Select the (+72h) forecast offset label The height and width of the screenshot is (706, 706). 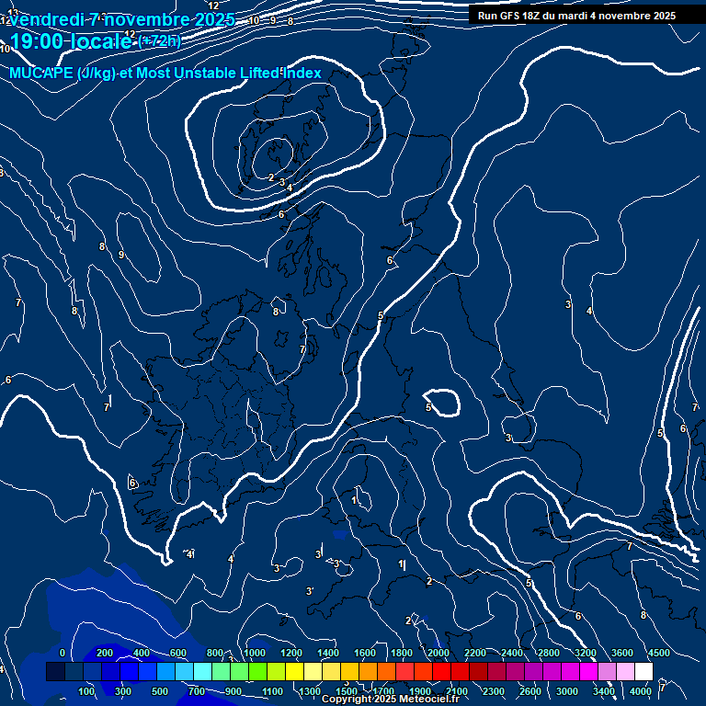pos(160,40)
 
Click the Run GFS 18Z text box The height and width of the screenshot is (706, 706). pos(576,16)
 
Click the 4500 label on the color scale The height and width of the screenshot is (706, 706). pos(658,653)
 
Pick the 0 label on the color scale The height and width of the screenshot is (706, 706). pos(63,653)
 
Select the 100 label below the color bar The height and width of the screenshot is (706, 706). pos(86,691)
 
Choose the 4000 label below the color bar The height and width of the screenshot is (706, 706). pos(642,691)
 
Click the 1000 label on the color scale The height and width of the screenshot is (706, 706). pos(254,653)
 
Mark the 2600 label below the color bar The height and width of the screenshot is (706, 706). pos(530,691)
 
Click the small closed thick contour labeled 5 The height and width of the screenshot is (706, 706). pos(444,402)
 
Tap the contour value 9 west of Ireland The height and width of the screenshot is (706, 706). pos(121,256)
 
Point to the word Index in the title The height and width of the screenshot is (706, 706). pos(299,74)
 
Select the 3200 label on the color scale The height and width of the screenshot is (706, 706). pos(586,653)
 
